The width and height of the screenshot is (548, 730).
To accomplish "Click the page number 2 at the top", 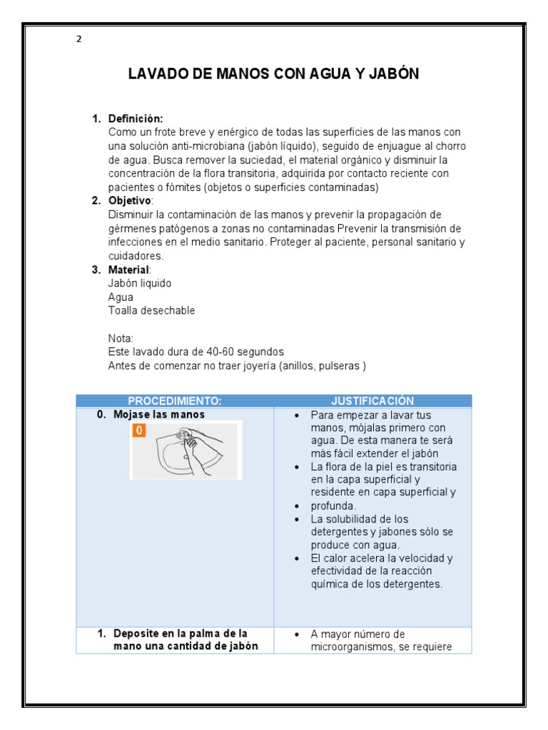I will tap(78, 39).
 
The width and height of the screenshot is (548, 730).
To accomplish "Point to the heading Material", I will tap(129, 269).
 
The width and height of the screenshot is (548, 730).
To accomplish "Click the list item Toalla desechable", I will tap(151, 311).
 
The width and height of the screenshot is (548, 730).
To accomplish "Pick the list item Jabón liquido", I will tap(139, 284).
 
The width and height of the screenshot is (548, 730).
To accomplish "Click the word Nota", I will tap(121, 338).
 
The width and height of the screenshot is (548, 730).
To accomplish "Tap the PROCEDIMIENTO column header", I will tap(175, 401).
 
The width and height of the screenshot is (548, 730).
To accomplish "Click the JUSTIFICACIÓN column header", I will tap(372, 401).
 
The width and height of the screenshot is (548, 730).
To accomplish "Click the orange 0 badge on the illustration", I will tap(140, 430).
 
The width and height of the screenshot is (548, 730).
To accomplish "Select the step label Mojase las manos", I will tap(159, 414).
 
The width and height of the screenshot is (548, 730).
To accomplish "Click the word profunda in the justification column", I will tap(335, 505).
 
